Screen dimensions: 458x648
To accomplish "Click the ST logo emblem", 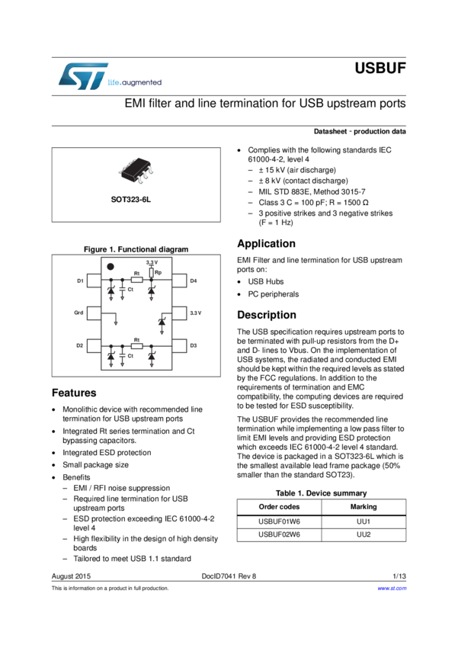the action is coord(76,75).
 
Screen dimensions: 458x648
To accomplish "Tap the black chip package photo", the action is coord(136,171).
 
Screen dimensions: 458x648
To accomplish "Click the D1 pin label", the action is coord(80,281).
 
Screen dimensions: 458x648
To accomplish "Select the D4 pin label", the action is coord(194,281).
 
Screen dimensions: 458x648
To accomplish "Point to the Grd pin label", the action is coord(79,313).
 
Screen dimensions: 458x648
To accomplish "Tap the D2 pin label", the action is coord(80,345).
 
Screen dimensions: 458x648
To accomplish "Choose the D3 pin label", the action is coord(194,345).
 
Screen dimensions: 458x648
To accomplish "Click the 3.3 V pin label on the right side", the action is coord(195,313).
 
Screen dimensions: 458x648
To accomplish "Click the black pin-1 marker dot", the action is coord(110,267).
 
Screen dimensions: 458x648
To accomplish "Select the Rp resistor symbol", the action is coord(151,272).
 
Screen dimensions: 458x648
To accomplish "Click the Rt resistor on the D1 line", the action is coord(137,281).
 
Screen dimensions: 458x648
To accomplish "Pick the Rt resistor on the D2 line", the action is coord(137,345).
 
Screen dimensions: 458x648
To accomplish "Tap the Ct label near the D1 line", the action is coord(130,290).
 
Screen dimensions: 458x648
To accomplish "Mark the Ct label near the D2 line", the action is coord(130,355).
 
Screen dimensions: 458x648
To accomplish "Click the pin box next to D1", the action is coord(94,281).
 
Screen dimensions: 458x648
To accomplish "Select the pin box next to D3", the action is coord(180,345).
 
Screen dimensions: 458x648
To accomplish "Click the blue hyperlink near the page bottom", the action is coord(392,588).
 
